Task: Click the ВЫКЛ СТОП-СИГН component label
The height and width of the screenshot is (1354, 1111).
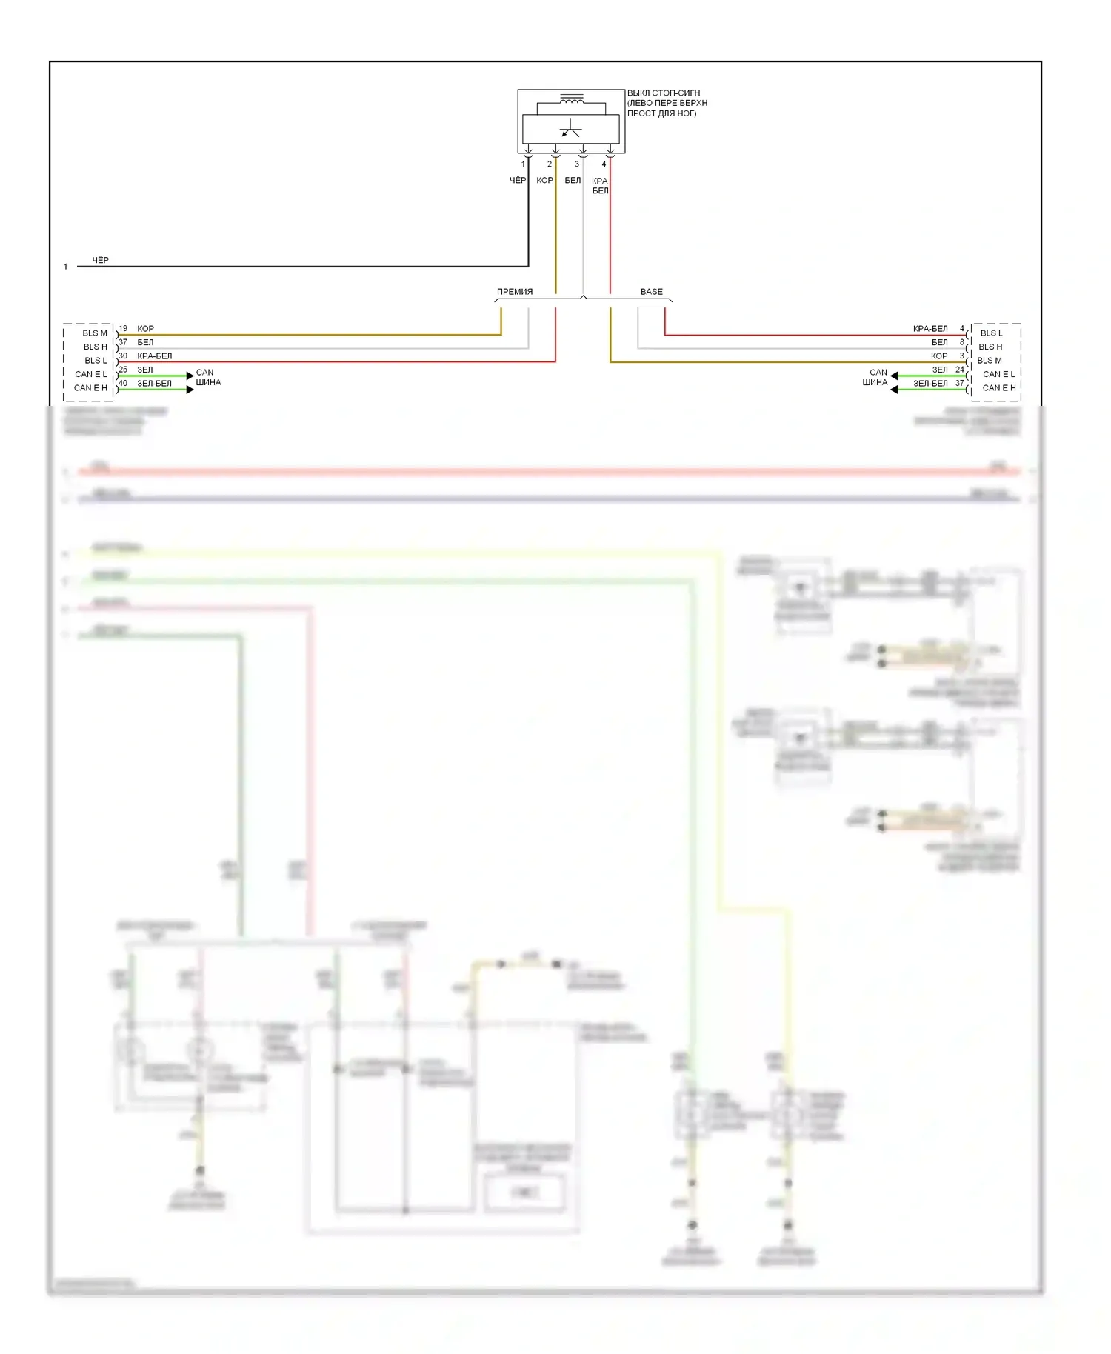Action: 663,93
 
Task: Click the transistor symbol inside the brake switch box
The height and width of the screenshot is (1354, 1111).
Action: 570,129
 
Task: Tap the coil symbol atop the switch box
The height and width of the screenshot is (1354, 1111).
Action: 571,99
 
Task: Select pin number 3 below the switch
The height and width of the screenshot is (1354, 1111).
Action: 577,164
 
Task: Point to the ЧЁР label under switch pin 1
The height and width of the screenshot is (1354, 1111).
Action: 518,181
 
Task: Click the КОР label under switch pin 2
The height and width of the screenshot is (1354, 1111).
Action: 544,181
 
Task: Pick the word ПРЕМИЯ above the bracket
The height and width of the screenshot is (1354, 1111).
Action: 515,292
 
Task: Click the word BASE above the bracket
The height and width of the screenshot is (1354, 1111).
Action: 652,292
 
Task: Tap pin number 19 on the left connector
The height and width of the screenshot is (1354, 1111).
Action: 123,328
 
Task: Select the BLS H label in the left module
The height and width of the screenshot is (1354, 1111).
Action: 95,347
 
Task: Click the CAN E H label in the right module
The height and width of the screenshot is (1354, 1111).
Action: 999,387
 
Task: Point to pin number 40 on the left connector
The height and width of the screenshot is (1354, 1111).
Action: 123,383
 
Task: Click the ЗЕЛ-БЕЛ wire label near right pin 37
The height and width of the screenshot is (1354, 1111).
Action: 930,383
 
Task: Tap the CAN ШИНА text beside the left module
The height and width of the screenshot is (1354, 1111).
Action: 207,378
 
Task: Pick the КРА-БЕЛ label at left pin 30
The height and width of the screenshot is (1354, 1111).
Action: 154,356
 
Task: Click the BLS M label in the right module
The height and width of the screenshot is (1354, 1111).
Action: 990,361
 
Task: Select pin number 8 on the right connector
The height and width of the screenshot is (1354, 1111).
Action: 962,342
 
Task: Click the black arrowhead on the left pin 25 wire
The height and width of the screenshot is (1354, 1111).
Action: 190,376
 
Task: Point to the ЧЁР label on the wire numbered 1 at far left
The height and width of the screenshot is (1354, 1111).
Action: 100,260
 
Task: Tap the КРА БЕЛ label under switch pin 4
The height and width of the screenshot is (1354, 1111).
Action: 600,186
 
